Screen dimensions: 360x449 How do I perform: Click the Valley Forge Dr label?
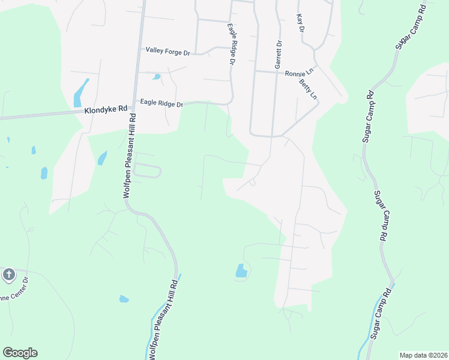[167, 52]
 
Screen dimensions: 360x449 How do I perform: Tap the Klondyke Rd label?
[106, 110]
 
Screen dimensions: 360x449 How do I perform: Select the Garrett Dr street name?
[279, 54]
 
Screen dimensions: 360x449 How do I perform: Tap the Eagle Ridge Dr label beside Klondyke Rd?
[161, 103]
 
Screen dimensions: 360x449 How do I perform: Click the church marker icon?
[8, 275]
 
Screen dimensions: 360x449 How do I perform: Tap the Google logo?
[20, 353]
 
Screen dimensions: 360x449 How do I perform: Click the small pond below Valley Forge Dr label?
[157, 77]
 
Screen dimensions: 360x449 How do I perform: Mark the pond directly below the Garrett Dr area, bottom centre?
[241, 271]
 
